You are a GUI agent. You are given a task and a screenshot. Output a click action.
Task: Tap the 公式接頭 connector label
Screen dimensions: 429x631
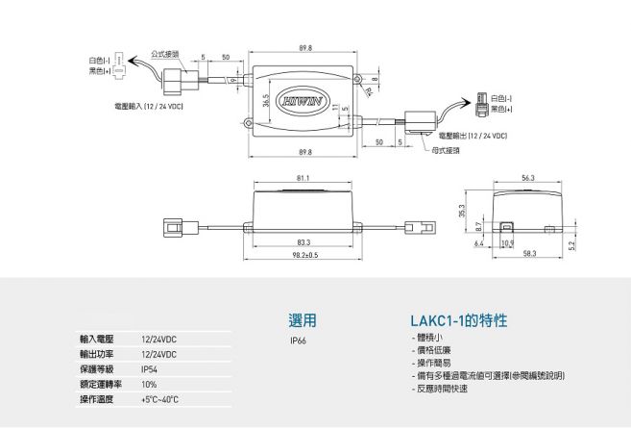point(165,55)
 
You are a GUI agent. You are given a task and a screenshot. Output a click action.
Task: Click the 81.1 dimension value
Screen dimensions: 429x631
point(303,178)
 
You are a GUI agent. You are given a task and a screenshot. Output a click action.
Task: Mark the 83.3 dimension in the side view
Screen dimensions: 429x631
point(303,242)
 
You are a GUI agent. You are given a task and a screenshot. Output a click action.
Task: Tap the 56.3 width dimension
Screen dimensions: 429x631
point(528,178)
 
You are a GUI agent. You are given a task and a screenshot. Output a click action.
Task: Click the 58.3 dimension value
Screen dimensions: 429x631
point(528,255)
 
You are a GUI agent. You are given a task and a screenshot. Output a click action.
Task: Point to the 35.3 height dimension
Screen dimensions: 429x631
point(463,210)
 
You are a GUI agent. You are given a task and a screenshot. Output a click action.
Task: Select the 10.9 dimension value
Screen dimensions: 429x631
point(507,243)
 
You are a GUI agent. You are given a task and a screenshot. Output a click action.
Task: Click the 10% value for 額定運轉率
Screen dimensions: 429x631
point(149,384)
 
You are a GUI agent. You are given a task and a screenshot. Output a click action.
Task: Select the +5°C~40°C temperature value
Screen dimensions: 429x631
point(160,398)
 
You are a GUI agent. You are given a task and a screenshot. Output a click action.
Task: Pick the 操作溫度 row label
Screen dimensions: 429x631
point(96,398)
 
